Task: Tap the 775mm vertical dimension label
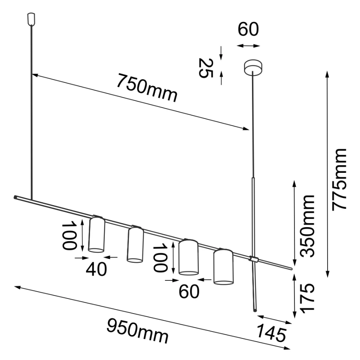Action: [x=340, y=179]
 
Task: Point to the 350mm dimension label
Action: [x=308, y=226]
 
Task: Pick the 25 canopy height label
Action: [x=206, y=68]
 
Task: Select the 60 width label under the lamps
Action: [x=188, y=292]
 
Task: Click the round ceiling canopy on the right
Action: [x=253, y=66]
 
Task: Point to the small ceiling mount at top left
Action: [x=31, y=18]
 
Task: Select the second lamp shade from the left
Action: [x=135, y=244]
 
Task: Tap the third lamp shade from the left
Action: [x=188, y=257]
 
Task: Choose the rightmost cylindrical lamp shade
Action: [x=223, y=267]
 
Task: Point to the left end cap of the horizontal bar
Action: [x=15, y=197]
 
